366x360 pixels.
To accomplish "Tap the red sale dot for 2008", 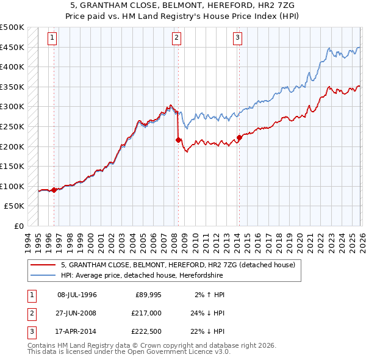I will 178,140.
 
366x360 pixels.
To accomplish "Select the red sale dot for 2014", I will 239,137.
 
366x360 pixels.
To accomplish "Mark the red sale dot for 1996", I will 54,190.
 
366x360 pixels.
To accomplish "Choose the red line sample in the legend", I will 44,265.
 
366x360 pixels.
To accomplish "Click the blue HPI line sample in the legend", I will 44,275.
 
